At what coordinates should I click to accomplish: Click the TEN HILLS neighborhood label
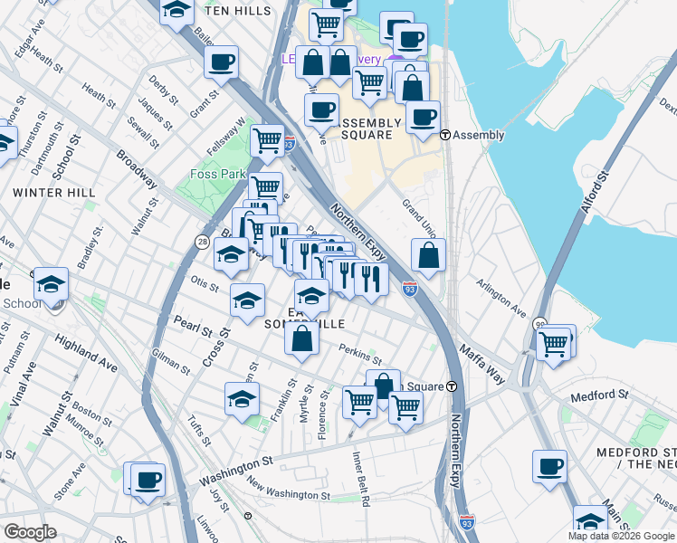(x=238, y=11)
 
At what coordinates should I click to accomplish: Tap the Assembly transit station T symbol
(x=445, y=135)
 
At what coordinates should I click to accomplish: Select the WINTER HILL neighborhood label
(x=54, y=193)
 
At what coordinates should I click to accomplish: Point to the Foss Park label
(x=211, y=174)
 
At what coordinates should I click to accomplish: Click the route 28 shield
(x=202, y=241)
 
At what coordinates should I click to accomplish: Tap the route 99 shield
(x=539, y=326)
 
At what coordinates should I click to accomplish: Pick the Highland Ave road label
(x=86, y=354)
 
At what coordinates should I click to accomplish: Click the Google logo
(x=31, y=531)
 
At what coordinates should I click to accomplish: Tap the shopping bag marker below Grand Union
(x=429, y=257)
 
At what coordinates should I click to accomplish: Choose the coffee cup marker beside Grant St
(x=221, y=62)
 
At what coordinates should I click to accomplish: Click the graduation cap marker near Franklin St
(x=242, y=399)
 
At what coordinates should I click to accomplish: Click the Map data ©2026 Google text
(x=621, y=536)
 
